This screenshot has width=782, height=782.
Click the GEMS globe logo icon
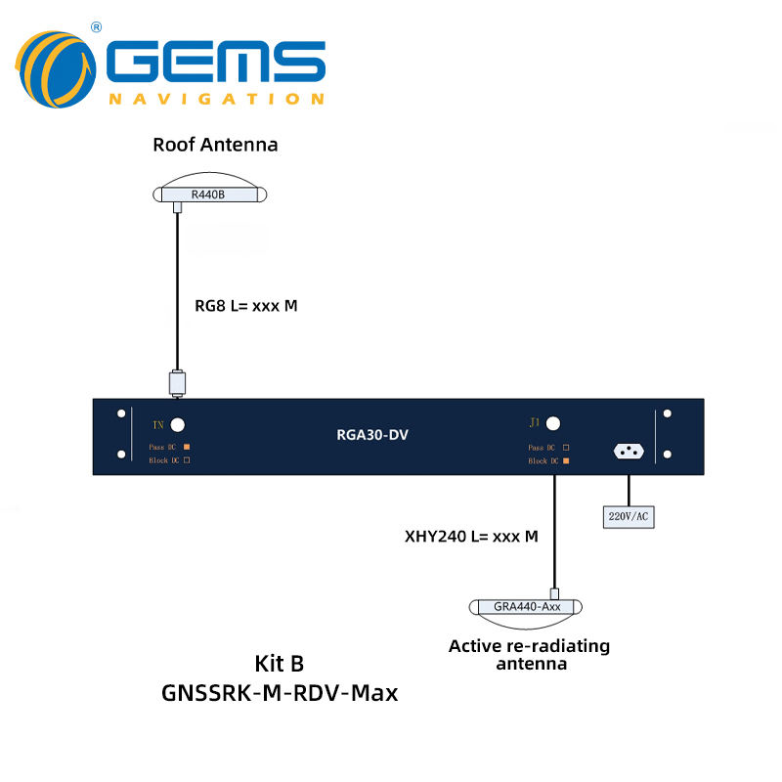[57, 68]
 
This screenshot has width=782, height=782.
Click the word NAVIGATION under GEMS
[216, 99]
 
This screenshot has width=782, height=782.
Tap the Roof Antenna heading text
[215, 145]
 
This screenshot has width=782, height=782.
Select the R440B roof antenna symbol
[209, 195]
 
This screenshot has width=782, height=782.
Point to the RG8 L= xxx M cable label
[245, 306]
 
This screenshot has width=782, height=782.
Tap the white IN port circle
[178, 424]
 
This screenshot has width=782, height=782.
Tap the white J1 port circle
[553, 423]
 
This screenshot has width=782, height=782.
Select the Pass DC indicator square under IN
[185, 447]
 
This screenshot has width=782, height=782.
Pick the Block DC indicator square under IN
[185, 459]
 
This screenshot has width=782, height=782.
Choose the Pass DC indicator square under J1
[565, 447]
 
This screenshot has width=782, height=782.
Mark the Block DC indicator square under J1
[565, 459]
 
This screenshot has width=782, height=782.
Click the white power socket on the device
[629, 452]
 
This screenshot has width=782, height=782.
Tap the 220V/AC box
[628, 515]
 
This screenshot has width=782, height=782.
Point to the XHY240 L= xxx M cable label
[471, 536]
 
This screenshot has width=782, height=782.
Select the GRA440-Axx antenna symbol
[526, 606]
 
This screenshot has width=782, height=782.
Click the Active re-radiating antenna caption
[529, 655]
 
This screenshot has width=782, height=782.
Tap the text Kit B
[280, 664]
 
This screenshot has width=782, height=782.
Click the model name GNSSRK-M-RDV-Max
[280, 694]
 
